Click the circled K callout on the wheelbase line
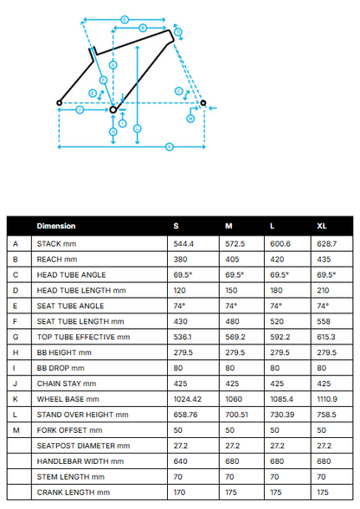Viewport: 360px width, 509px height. tap(169, 147)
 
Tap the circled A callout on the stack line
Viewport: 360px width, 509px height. tap(113, 65)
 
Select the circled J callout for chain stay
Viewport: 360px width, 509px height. tap(80, 110)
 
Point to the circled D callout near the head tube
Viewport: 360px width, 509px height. tap(178, 32)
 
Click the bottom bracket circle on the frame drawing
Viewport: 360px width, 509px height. tap(113, 110)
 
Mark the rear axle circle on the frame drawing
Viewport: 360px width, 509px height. tap(59, 103)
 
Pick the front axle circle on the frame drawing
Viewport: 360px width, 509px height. tap(203, 103)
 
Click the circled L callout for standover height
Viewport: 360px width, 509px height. tap(138, 128)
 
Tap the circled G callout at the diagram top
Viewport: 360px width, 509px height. tap(125, 20)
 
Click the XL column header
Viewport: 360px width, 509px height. tap(322, 226)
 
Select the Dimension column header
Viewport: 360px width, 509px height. tap(56, 226)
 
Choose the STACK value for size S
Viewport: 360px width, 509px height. tap(183, 244)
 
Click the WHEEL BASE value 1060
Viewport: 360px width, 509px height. tap(234, 399)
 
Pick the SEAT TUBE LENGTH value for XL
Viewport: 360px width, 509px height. tap(324, 321)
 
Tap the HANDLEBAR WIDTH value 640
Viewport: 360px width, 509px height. tap(180, 461)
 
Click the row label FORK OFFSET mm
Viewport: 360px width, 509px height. tap(69, 430)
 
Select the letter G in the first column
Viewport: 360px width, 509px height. tap(16, 337)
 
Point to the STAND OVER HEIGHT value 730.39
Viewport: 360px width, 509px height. tap(282, 415)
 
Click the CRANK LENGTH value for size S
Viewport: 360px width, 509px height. tap(179, 493)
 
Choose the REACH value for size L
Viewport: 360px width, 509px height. tap(277, 260)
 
